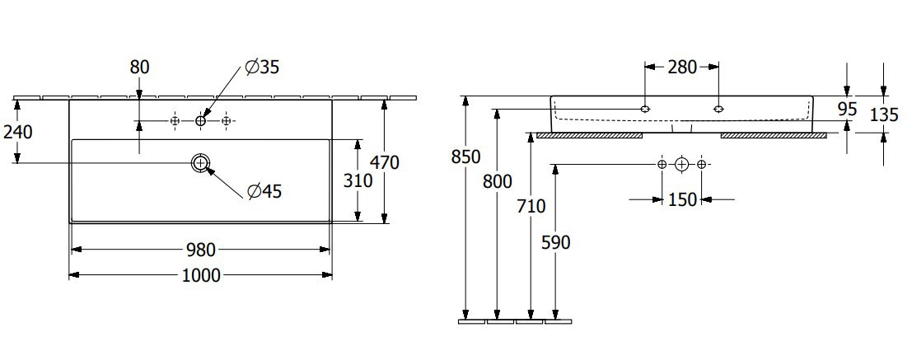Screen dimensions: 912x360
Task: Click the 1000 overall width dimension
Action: pos(201,275)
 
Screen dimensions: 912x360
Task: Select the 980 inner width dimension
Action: pos(201,250)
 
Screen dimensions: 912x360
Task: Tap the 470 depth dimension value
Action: pos(385,163)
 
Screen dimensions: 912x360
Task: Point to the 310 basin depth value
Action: pos(357,181)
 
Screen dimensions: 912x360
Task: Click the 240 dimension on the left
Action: pos(17,133)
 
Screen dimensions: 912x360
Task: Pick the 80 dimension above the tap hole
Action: pos(139,68)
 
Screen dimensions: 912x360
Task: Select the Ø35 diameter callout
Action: pos(262,68)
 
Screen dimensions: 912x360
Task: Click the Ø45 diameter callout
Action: pos(264,191)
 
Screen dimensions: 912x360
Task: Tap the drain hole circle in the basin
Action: pos(201,162)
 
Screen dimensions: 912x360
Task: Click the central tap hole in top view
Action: pos(201,121)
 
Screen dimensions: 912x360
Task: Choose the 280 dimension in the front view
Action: pos(681,68)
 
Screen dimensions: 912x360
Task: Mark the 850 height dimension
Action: pos(466,157)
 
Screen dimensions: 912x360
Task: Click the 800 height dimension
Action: pos(498,181)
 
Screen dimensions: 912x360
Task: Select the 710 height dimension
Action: pos(531,206)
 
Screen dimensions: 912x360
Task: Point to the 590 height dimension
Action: pos(555,242)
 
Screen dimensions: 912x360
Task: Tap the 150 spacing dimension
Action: pos(681,199)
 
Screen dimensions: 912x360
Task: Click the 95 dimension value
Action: pos(848,109)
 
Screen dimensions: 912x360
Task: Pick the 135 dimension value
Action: pos(884,115)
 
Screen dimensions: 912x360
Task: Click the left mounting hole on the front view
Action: pos(645,109)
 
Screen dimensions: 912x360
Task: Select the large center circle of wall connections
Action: pos(681,165)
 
